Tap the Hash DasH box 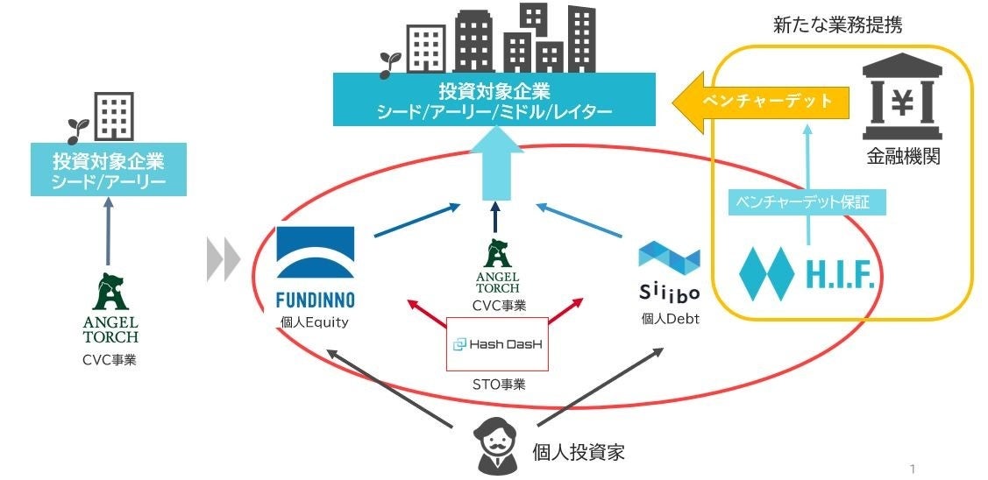point(497,344)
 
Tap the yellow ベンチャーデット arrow point(761,101)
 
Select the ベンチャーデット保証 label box point(807,203)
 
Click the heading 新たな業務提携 point(837,25)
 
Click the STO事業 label point(497,383)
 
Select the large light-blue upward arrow point(495,162)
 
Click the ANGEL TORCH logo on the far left point(108,307)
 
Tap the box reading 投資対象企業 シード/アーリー point(109,170)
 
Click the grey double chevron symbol point(224,258)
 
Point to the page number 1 point(913,469)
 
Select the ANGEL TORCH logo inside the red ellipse point(497,268)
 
